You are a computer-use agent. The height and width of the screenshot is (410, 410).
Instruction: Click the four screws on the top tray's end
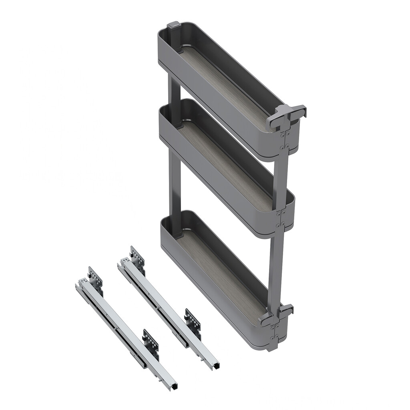285,141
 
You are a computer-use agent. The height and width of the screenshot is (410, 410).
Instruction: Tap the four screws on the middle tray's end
280,218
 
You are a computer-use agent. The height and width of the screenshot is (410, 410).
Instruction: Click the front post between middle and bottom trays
276,268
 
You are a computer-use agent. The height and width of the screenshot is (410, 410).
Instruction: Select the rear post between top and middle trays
175,90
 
